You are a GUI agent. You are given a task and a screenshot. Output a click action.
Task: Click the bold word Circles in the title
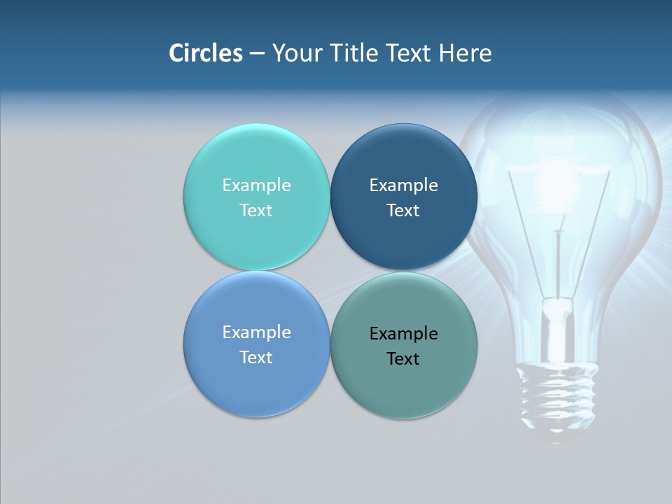(x=206, y=53)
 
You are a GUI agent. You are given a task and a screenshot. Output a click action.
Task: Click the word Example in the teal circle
(x=256, y=185)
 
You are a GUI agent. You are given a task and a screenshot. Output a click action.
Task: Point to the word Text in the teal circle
(x=256, y=211)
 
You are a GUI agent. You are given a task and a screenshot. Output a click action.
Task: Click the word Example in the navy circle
(x=403, y=185)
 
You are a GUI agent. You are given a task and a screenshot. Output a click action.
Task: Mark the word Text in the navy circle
(x=403, y=211)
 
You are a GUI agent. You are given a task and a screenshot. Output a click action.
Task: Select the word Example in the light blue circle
(x=256, y=332)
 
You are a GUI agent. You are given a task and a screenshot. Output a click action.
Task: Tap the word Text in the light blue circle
(x=256, y=358)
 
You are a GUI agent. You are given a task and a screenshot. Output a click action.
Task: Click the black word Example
(x=403, y=334)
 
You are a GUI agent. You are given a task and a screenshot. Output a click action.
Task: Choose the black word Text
(x=403, y=359)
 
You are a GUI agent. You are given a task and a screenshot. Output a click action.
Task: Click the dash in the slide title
(x=257, y=54)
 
